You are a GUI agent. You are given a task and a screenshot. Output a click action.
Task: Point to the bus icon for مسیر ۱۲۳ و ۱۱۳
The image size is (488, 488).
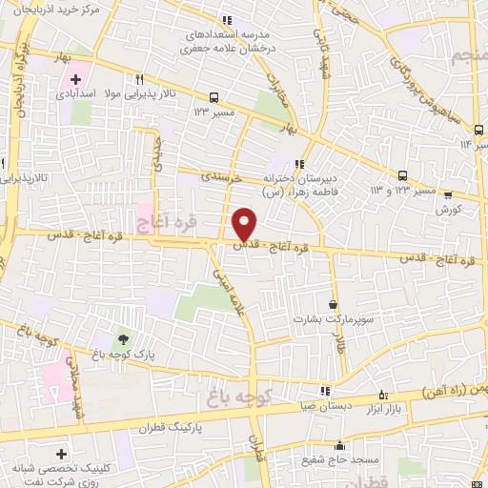click(403, 175)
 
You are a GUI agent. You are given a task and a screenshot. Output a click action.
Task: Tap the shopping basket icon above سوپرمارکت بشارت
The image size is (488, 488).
click(332, 304)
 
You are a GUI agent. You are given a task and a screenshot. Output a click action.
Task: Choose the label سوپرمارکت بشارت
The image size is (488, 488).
click(326, 319)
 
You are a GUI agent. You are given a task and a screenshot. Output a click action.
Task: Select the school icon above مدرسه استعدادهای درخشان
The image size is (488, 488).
click(227, 19)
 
